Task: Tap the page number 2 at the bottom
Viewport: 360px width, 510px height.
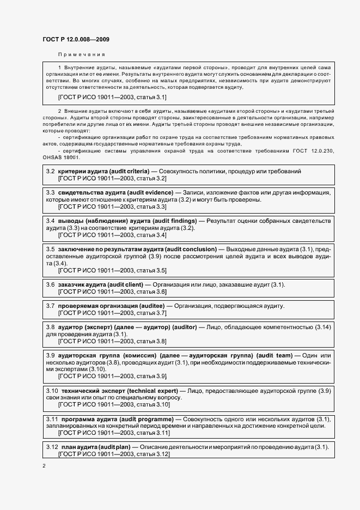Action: point(44,466)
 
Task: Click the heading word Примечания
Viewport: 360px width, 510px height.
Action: point(81,54)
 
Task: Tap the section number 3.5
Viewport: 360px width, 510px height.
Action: point(50,249)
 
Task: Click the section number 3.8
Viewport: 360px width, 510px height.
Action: point(50,327)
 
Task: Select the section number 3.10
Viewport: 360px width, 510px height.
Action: point(52,391)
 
